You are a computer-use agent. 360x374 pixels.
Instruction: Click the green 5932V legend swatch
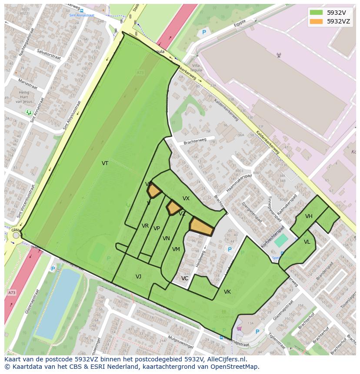(x=316, y=13)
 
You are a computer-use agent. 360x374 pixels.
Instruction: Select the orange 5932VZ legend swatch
(x=316, y=21)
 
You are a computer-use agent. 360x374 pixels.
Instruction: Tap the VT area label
(x=105, y=163)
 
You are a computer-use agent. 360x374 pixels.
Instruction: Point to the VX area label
(x=186, y=199)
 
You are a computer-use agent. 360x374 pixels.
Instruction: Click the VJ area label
(x=138, y=277)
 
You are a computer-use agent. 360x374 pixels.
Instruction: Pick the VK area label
(x=227, y=292)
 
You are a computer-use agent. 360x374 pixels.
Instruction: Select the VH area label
(x=309, y=216)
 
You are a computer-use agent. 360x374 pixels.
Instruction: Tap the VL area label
(x=307, y=242)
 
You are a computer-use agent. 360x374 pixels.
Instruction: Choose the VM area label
(x=176, y=249)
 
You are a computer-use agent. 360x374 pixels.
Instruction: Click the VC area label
(x=185, y=278)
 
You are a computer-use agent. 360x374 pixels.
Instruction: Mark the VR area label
(x=145, y=226)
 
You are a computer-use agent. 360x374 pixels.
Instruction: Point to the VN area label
(x=166, y=238)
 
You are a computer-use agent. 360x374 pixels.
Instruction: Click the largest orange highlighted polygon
(x=201, y=227)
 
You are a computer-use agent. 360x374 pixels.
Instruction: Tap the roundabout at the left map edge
(x=16, y=235)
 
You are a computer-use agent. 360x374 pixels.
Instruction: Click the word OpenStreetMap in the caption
(x=237, y=367)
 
